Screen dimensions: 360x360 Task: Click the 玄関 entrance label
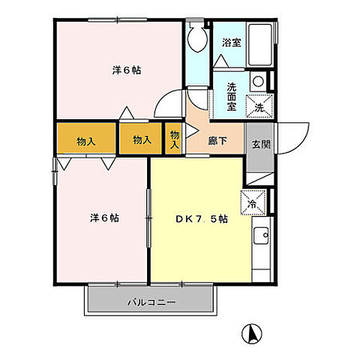click(259, 145)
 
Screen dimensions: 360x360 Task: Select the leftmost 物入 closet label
click(85, 139)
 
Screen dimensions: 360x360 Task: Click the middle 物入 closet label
click(141, 139)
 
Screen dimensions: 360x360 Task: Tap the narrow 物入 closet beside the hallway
click(174, 139)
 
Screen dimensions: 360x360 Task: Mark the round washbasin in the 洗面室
click(257, 81)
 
